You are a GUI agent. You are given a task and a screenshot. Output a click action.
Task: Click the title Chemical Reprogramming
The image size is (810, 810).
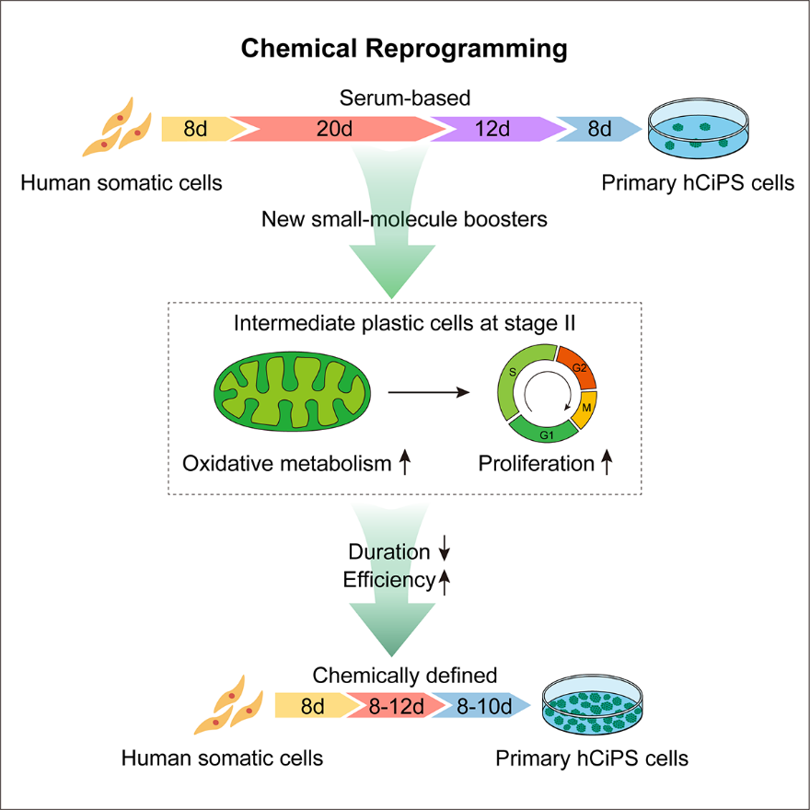(x=404, y=49)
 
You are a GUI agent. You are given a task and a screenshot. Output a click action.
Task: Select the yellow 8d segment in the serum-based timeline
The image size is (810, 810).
(x=194, y=129)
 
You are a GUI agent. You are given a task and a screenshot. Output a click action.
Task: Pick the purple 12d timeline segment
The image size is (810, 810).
(x=493, y=129)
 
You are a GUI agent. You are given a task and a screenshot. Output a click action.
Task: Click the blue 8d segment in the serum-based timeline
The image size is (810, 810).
(x=598, y=129)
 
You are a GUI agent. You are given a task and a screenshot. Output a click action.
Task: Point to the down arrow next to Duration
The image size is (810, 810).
(x=445, y=552)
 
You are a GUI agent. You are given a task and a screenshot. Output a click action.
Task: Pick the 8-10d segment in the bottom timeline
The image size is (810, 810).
(x=484, y=707)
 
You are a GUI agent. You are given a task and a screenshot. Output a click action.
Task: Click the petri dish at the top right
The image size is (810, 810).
(x=699, y=133)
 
